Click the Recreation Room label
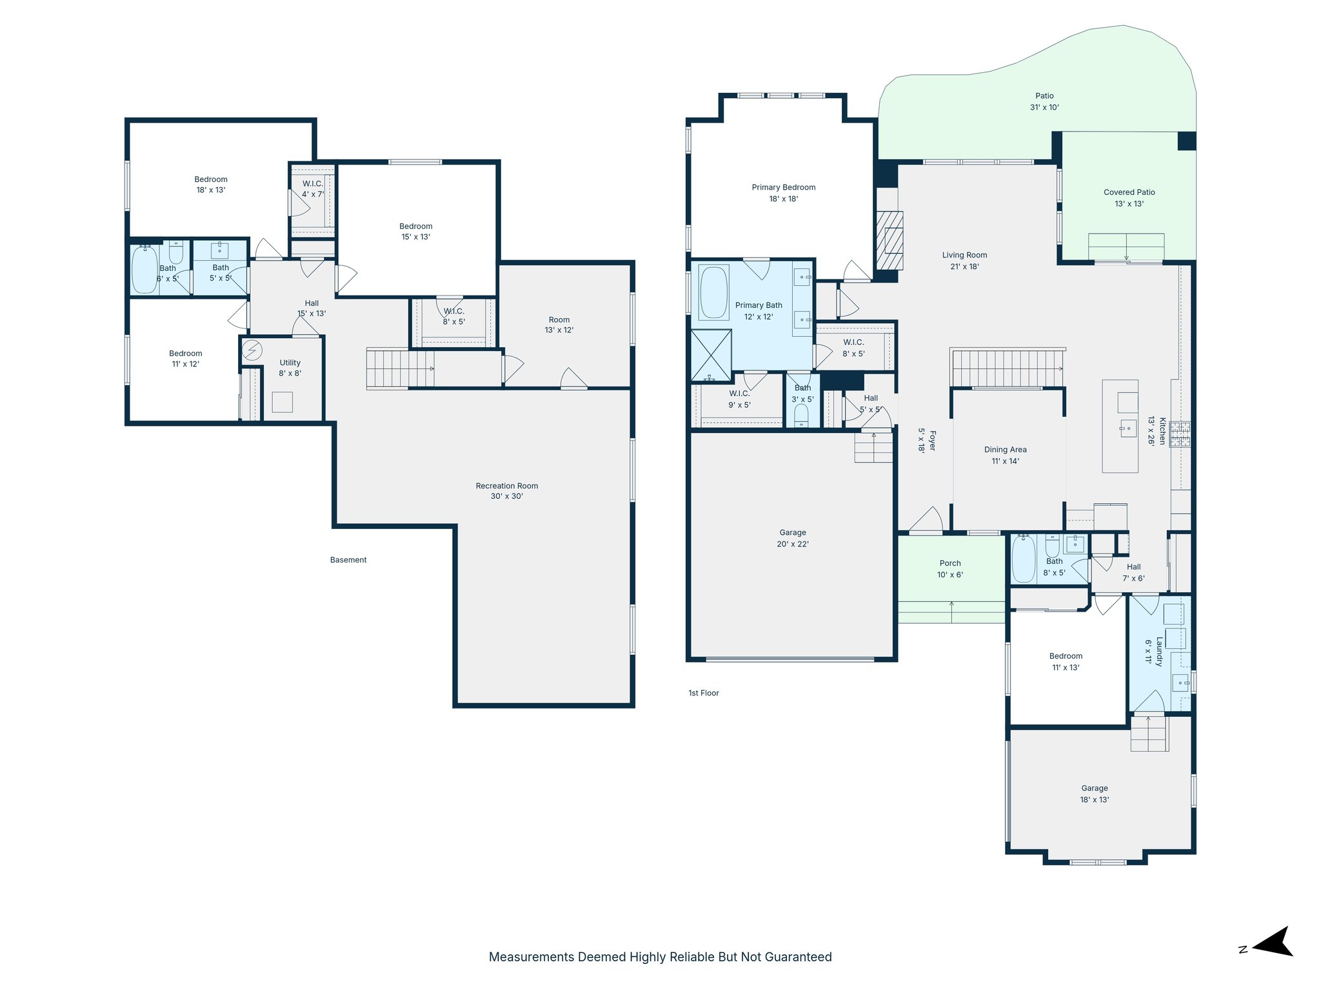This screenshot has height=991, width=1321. click(506, 491)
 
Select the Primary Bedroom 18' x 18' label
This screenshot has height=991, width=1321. click(783, 193)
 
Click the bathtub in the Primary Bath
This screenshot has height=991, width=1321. click(713, 292)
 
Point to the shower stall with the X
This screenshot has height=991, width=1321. click(711, 355)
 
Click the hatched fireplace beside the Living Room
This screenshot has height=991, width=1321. click(889, 240)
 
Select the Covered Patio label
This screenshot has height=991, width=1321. click(1129, 197)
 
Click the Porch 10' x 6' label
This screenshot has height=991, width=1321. click(949, 568)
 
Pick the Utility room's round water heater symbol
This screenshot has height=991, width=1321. click(252, 350)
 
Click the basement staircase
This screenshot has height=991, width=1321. click(400, 368)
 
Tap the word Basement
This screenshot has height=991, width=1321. click(348, 560)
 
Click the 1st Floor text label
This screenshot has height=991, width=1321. click(703, 693)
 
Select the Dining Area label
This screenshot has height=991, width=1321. click(1005, 455)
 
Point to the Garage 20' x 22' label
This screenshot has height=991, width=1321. click(792, 538)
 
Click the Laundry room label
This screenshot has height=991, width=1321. click(1154, 652)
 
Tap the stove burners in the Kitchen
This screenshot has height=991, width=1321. click(1180, 435)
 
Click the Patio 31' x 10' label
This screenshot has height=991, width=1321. click(1044, 101)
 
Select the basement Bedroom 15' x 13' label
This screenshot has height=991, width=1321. click(415, 231)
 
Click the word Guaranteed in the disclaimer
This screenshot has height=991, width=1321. click(798, 957)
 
